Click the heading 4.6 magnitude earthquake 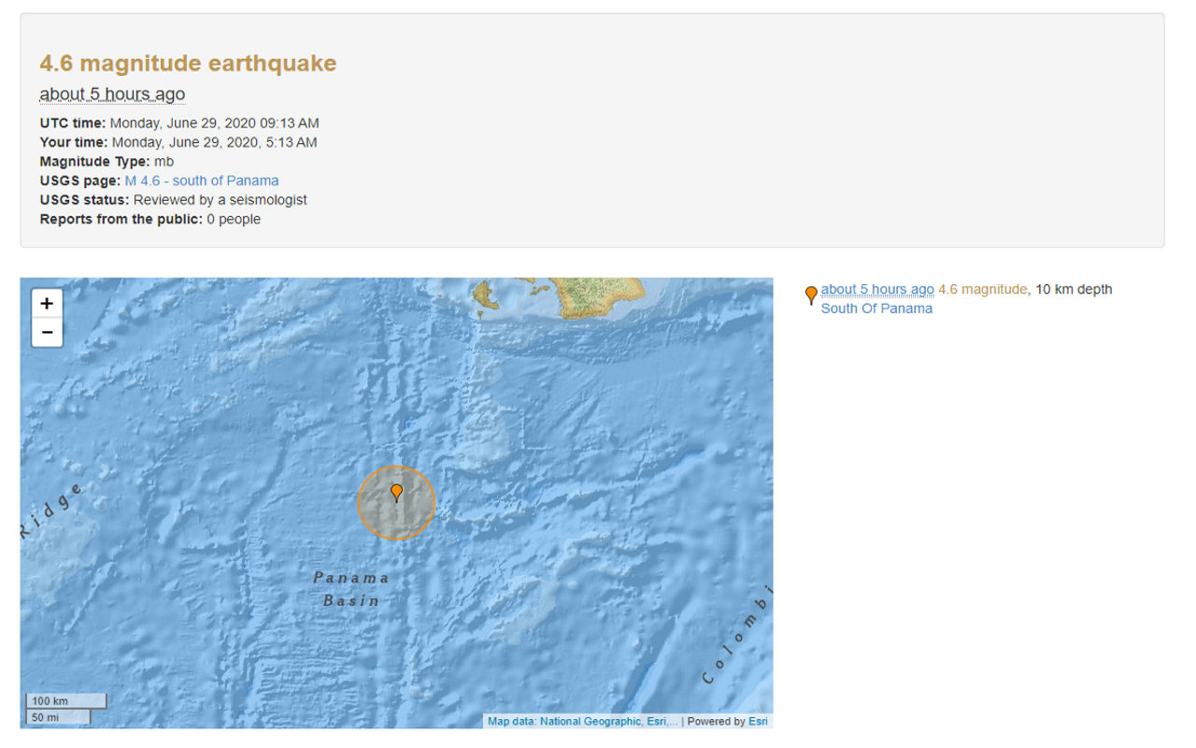click(x=188, y=64)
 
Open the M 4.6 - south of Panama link click(x=202, y=180)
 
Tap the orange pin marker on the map click(x=396, y=492)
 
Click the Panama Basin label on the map click(x=351, y=589)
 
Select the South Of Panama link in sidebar click(x=876, y=309)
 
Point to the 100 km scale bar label click(x=50, y=701)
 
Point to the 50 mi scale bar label click(x=45, y=717)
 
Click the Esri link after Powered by click(x=758, y=722)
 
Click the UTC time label click(x=73, y=122)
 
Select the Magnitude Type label click(x=95, y=162)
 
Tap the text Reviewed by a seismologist click(x=221, y=200)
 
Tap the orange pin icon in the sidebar click(x=811, y=295)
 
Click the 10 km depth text click(x=1074, y=290)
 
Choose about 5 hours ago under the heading click(x=112, y=94)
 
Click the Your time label click(x=74, y=142)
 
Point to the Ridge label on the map click(x=51, y=511)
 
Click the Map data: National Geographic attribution click(x=581, y=722)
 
